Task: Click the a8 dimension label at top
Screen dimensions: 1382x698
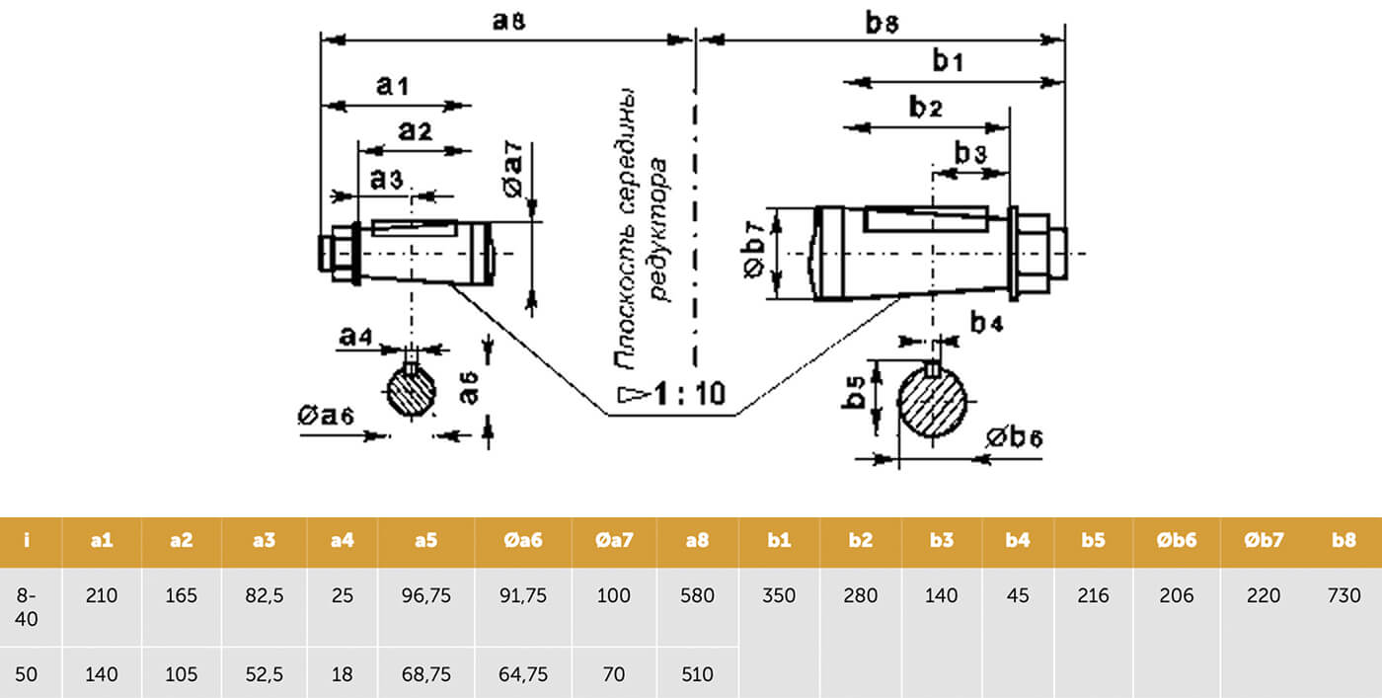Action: click(x=509, y=21)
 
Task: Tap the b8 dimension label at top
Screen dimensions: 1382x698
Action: click(x=883, y=23)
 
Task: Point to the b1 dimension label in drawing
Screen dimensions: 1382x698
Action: click(x=948, y=60)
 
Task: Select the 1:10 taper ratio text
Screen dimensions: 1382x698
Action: click(x=689, y=393)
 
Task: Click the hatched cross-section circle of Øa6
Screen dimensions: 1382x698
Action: click(x=411, y=391)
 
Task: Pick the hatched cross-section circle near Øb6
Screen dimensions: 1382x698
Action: click(x=932, y=401)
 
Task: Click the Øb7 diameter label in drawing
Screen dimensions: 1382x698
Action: click(x=754, y=250)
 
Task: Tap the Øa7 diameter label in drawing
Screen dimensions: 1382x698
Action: click(x=512, y=171)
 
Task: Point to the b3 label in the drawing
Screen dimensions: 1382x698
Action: click(x=971, y=152)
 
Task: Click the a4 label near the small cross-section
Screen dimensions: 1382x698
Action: click(x=356, y=337)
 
